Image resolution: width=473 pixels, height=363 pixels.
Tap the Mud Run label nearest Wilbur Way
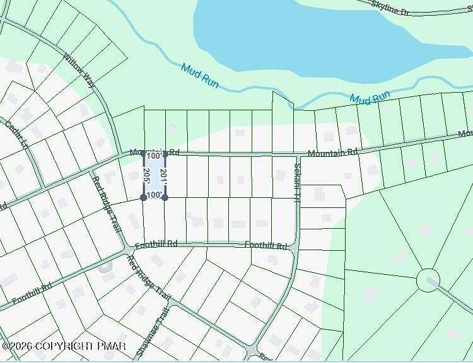click(x=199, y=74)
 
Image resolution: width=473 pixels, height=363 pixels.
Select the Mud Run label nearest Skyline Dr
click(x=370, y=98)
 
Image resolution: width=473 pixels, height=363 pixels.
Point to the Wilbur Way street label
click(x=78, y=69)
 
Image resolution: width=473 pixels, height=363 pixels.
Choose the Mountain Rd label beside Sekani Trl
click(x=332, y=153)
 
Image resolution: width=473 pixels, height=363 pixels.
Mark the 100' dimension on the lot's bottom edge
click(x=154, y=195)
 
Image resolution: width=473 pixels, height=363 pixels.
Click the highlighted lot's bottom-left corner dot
click(x=144, y=197)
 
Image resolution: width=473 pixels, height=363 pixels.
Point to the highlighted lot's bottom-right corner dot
click(x=165, y=197)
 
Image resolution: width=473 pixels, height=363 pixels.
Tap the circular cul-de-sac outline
click(x=428, y=280)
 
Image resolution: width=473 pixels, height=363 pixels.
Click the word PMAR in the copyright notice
click(x=111, y=346)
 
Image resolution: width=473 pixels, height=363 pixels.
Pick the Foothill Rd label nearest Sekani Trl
click(x=266, y=245)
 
